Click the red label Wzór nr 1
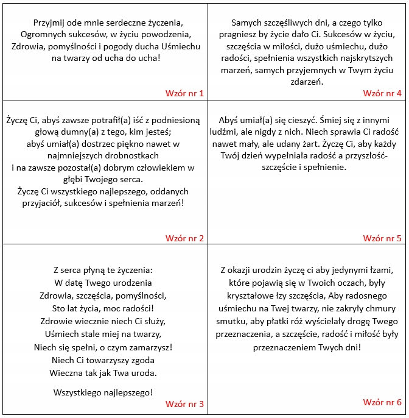184,93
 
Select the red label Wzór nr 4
382,93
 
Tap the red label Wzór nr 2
184,238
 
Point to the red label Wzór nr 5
382,238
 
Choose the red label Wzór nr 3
184,403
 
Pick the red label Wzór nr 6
382,402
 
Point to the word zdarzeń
307,82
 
